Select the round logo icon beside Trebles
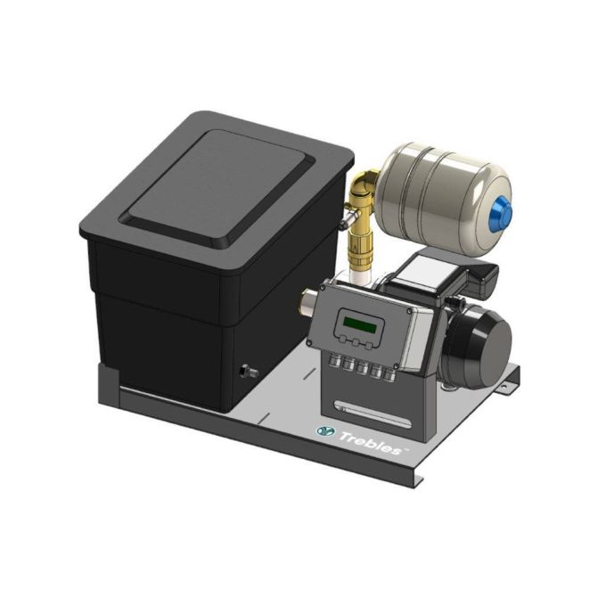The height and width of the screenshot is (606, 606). tap(325, 430)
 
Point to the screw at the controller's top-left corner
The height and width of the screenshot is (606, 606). tap(323, 291)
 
